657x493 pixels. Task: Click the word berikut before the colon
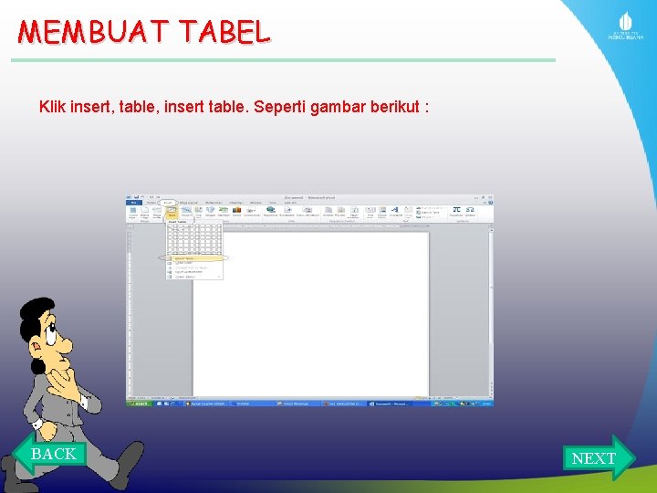[x=396, y=107]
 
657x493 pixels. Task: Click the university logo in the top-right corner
[x=626, y=26]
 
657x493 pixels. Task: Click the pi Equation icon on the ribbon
[x=456, y=209]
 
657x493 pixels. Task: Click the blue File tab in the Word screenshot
[x=133, y=202]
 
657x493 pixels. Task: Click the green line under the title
[x=283, y=60]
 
